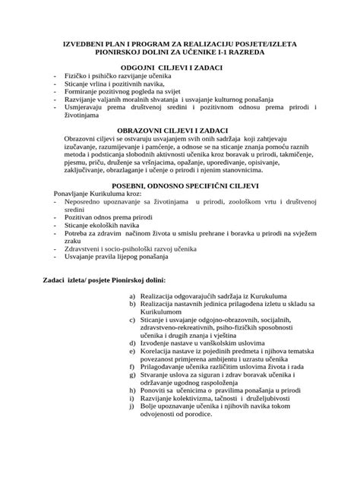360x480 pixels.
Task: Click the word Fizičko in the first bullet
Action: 78,79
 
